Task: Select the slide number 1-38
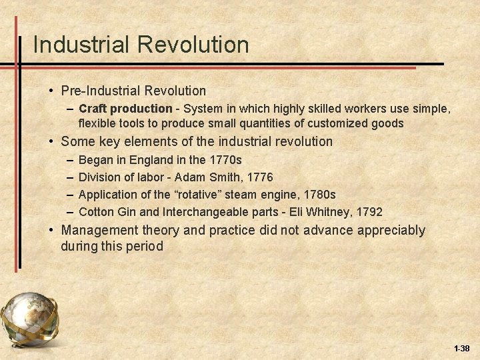coord(461,349)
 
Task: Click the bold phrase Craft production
coord(125,108)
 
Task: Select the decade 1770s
coord(225,160)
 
